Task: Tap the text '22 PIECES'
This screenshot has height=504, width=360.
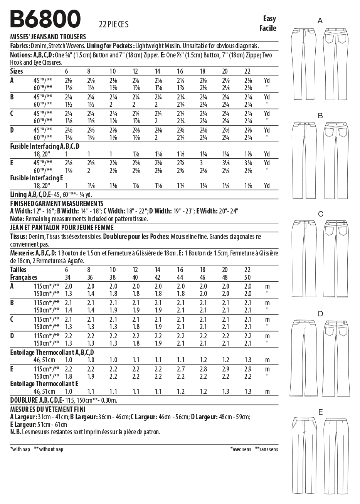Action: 113,25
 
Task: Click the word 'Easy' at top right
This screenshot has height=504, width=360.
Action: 269,19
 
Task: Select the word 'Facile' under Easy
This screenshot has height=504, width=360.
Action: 267,28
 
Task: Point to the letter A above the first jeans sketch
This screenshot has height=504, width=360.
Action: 320,21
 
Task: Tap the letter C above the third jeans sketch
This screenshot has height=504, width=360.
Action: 320,214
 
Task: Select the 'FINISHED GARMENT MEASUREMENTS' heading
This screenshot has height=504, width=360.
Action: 57,203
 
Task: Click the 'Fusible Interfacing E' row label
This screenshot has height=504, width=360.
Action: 36,178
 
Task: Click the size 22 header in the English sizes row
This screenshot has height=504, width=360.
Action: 248,71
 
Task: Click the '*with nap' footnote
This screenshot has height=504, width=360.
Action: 20,449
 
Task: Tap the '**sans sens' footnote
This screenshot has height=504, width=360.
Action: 266,449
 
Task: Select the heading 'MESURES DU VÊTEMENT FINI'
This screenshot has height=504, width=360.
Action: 48,409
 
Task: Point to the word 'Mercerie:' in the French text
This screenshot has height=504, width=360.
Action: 22,253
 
